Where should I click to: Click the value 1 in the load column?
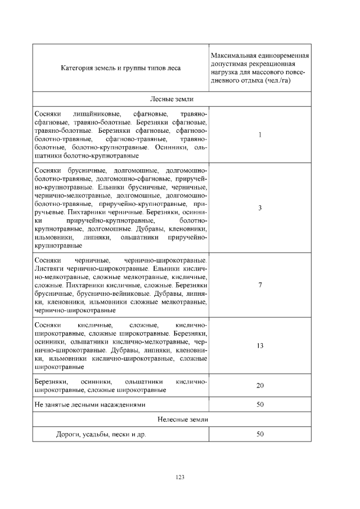[x=260, y=135]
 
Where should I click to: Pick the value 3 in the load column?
[x=260, y=208]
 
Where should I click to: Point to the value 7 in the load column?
[x=260, y=285]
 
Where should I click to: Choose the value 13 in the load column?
[x=260, y=346]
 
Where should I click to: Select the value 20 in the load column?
[x=260, y=385]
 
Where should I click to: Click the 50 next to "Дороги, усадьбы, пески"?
[x=260, y=434]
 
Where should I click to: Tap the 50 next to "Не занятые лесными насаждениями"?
[x=260, y=405]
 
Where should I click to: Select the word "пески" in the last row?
[x=122, y=434]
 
